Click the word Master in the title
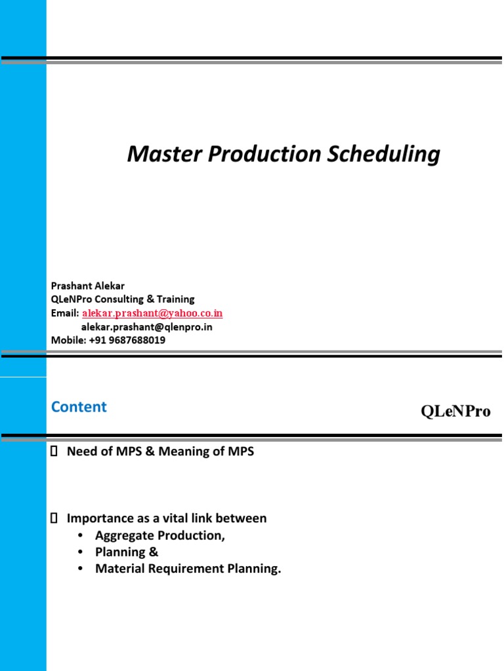click(164, 153)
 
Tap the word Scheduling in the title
click(383, 155)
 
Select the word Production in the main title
click(264, 153)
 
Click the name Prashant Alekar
click(88, 286)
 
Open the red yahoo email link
click(152, 313)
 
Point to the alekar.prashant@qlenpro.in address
click(146, 327)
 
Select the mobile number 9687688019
click(136, 340)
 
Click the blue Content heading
click(79, 406)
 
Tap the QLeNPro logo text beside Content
click(455, 411)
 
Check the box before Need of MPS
click(54, 451)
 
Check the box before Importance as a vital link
click(54, 518)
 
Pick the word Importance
click(100, 519)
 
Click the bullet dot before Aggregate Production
click(80, 535)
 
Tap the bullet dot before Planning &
click(80, 552)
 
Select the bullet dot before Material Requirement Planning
click(80, 569)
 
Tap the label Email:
click(65, 313)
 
